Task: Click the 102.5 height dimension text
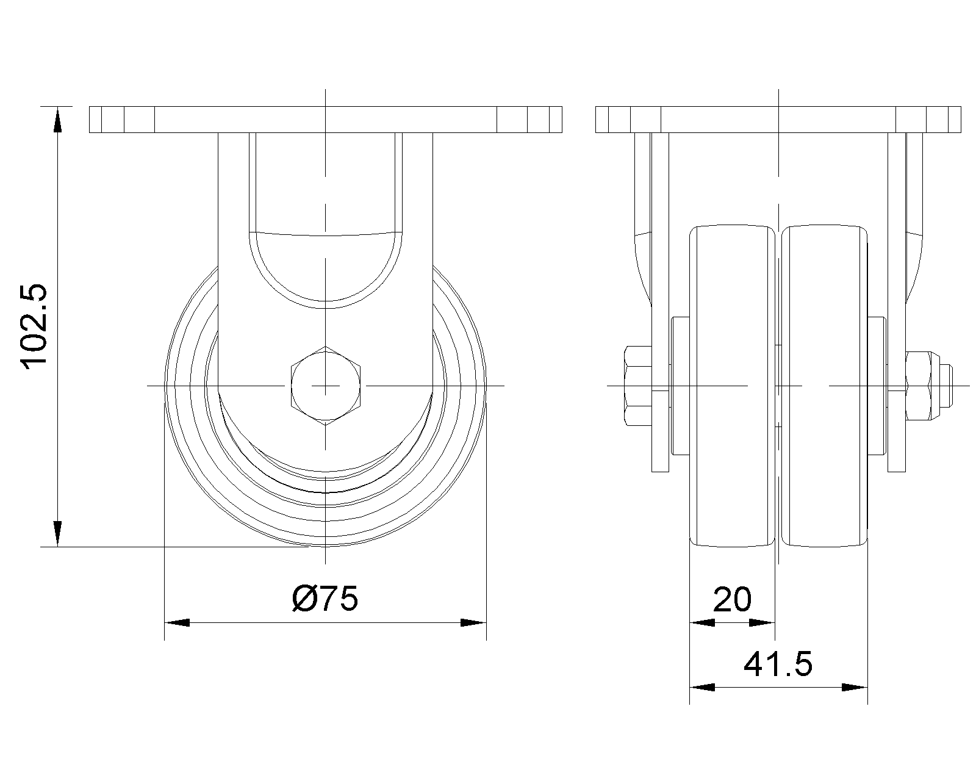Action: (34, 326)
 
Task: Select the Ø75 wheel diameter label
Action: (325, 599)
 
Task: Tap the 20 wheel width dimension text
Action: (732, 599)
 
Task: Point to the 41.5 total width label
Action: (778, 664)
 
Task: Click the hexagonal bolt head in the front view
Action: (326, 386)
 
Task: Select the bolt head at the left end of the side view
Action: (637, 386)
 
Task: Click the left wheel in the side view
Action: (732, 386)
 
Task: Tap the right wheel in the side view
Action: (825, 386)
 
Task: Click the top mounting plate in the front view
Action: (326, 120)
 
